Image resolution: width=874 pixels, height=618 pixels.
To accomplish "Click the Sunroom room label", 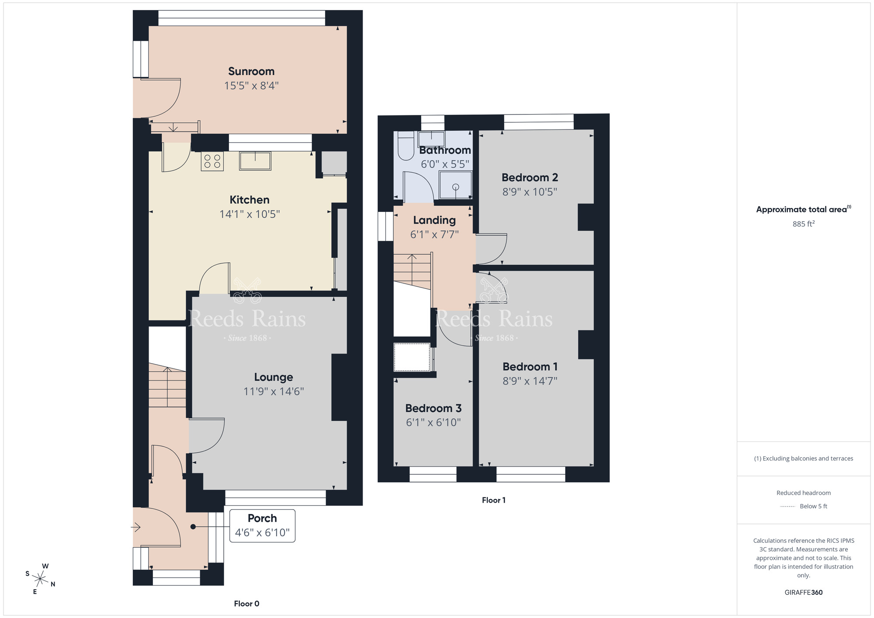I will (x=251, y=71).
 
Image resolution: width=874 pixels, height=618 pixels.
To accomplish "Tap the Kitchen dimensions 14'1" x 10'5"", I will (x=249, y=214).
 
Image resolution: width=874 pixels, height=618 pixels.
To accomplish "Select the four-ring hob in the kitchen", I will (x=212, y=161).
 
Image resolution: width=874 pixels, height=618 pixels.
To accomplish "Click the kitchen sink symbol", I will (x=255, y=161).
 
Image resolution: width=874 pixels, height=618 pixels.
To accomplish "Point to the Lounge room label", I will (x=274, y=377).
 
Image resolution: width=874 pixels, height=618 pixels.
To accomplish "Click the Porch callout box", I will (x=262, y=525).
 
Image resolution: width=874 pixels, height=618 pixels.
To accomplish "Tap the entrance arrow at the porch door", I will (x=136, y=528).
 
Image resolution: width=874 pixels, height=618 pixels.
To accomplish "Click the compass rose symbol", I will (x=40, y=580).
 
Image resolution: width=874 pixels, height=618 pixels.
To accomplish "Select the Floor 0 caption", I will (x=246, y=604).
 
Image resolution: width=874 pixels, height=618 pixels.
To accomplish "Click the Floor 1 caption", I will (x=493, y=500).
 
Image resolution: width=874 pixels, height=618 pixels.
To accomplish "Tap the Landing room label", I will (x=434, y=220).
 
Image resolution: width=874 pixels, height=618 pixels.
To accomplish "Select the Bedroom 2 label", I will (x=530, y=177).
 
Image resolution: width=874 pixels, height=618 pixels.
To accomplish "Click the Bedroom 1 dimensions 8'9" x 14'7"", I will (x=530, y=381).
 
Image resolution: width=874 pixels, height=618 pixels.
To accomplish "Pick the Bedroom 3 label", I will (x=433, y=408).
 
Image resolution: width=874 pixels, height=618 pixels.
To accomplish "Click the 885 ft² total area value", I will (x=803, y=224).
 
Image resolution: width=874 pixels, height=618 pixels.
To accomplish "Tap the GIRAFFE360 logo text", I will (x=803, y=592).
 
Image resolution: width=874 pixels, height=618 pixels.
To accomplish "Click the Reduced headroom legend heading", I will (x=803, y=493).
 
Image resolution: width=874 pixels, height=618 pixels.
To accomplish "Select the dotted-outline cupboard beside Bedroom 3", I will (x=412, y=357).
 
